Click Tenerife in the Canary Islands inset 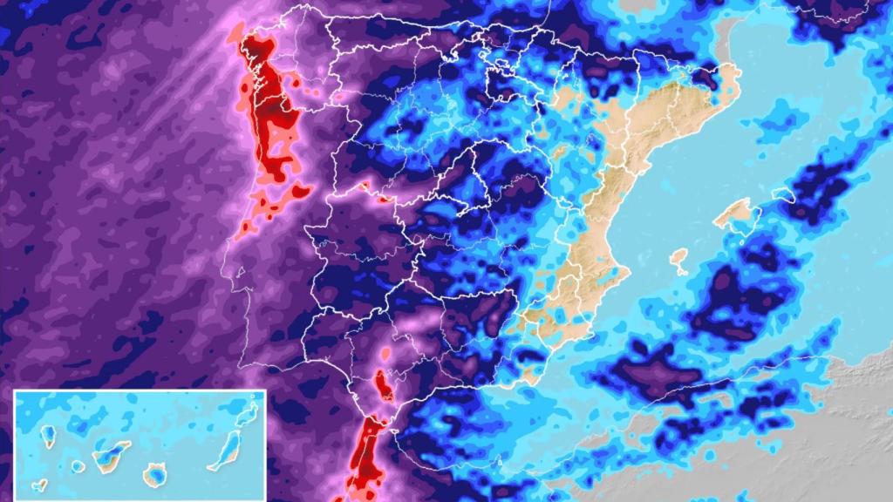point(112,455)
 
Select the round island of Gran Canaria point(156,475)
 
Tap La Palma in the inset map point(51,433)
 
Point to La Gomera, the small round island point(78,466)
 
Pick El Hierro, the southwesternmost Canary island point(39,485)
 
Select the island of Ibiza point(678,258)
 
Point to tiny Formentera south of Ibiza point(683,273)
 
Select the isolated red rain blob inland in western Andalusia point(382,383)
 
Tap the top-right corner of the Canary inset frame point(264,390)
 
